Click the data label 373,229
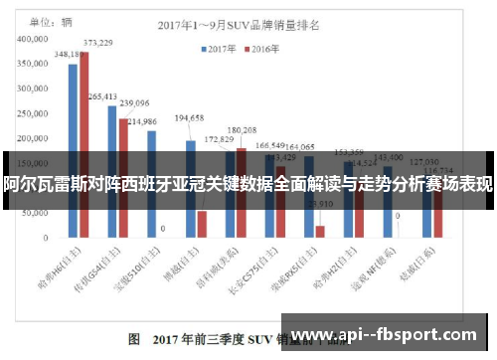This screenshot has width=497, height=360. [97, 43]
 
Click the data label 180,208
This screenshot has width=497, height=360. [242, 130]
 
